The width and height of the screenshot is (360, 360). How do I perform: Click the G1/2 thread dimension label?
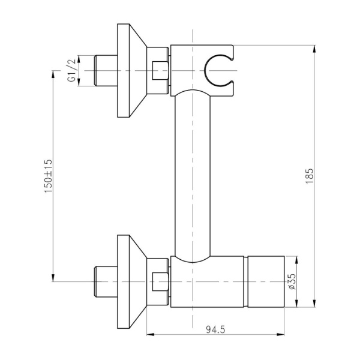click(x=71, y=70)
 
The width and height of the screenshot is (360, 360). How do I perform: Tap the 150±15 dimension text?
click(x=49, y=176)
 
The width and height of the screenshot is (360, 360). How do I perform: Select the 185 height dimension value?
click(x=309, y=176)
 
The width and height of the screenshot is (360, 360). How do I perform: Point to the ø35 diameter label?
click(x=292, y=281)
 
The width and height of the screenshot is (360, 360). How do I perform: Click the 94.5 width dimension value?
click(x=215, y=330)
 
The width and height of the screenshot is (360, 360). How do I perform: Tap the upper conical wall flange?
click(x=132, y=70)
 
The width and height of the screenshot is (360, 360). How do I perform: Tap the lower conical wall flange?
click(x=132, y=281)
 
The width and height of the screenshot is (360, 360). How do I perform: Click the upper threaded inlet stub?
click(x=106, y=70)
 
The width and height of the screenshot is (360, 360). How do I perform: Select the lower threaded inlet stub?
click(x=106, y=281)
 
